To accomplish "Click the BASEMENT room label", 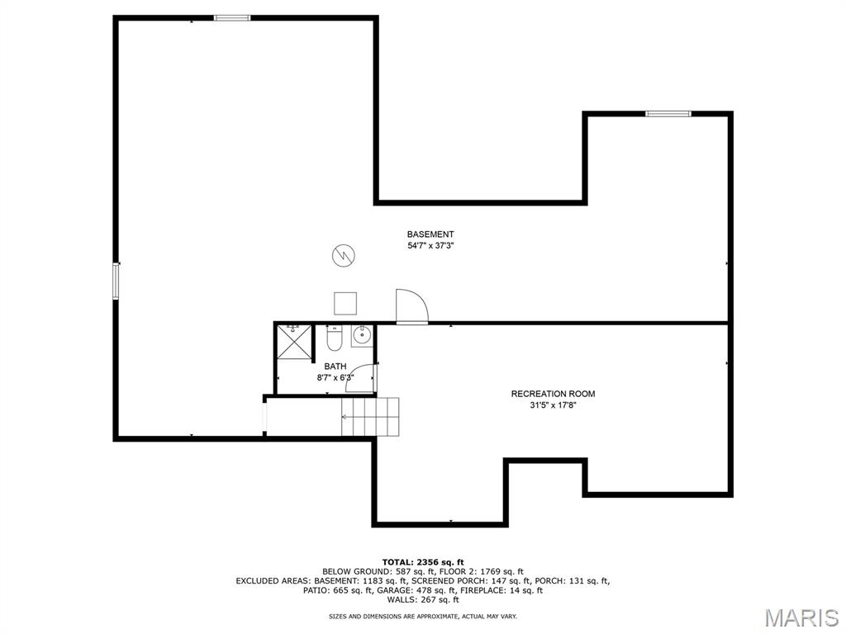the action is click(430, 234).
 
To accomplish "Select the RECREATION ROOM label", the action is click(553, 394).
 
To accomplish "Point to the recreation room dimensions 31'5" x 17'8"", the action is click(553, 405).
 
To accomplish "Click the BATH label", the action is click(335, 367).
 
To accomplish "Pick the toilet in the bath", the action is click(335, 338).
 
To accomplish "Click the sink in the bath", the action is click(362, 337).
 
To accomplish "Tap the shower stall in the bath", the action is click(294, 342).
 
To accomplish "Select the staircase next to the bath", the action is click(370, 417).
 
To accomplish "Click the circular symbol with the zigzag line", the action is click(343, 256).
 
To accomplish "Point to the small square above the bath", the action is click(345, 303).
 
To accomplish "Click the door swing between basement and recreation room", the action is click(411, 305).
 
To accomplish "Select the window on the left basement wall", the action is click(116, 281).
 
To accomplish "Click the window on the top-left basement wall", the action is click(232, 18).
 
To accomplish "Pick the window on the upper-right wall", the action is click(668, 113).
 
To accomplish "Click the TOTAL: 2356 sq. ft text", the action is click(423, 562).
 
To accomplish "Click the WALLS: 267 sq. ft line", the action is click(423, 599).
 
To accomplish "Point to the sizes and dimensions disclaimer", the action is click(423, 616).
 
